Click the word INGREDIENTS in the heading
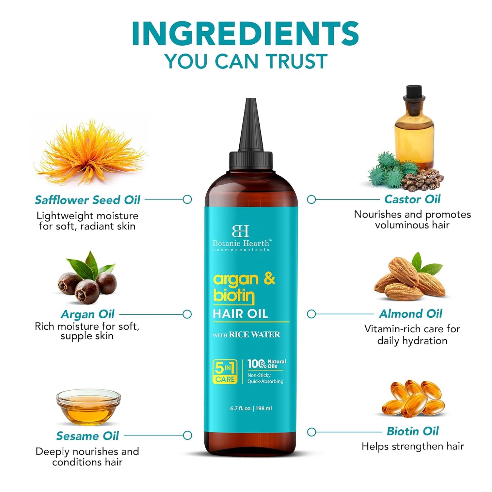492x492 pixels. tap(245, 34)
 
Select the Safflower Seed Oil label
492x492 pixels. tap(88, 200)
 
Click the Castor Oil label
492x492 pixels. tap(412, 199)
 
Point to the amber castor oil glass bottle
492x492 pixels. tap(414, 129)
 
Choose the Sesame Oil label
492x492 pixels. tap(88, 436)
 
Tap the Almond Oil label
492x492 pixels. tap(411, 314)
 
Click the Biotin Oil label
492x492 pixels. tap(413, 431)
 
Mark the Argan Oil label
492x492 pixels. tap(88, 314)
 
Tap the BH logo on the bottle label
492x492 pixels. tap(240, 231)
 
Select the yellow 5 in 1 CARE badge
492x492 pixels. tap(225, 372)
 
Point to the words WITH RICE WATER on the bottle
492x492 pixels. tap(246, 335)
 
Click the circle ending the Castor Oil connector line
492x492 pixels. tap(311, 200)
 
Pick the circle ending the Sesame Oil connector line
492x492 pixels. tap(187, 435)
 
